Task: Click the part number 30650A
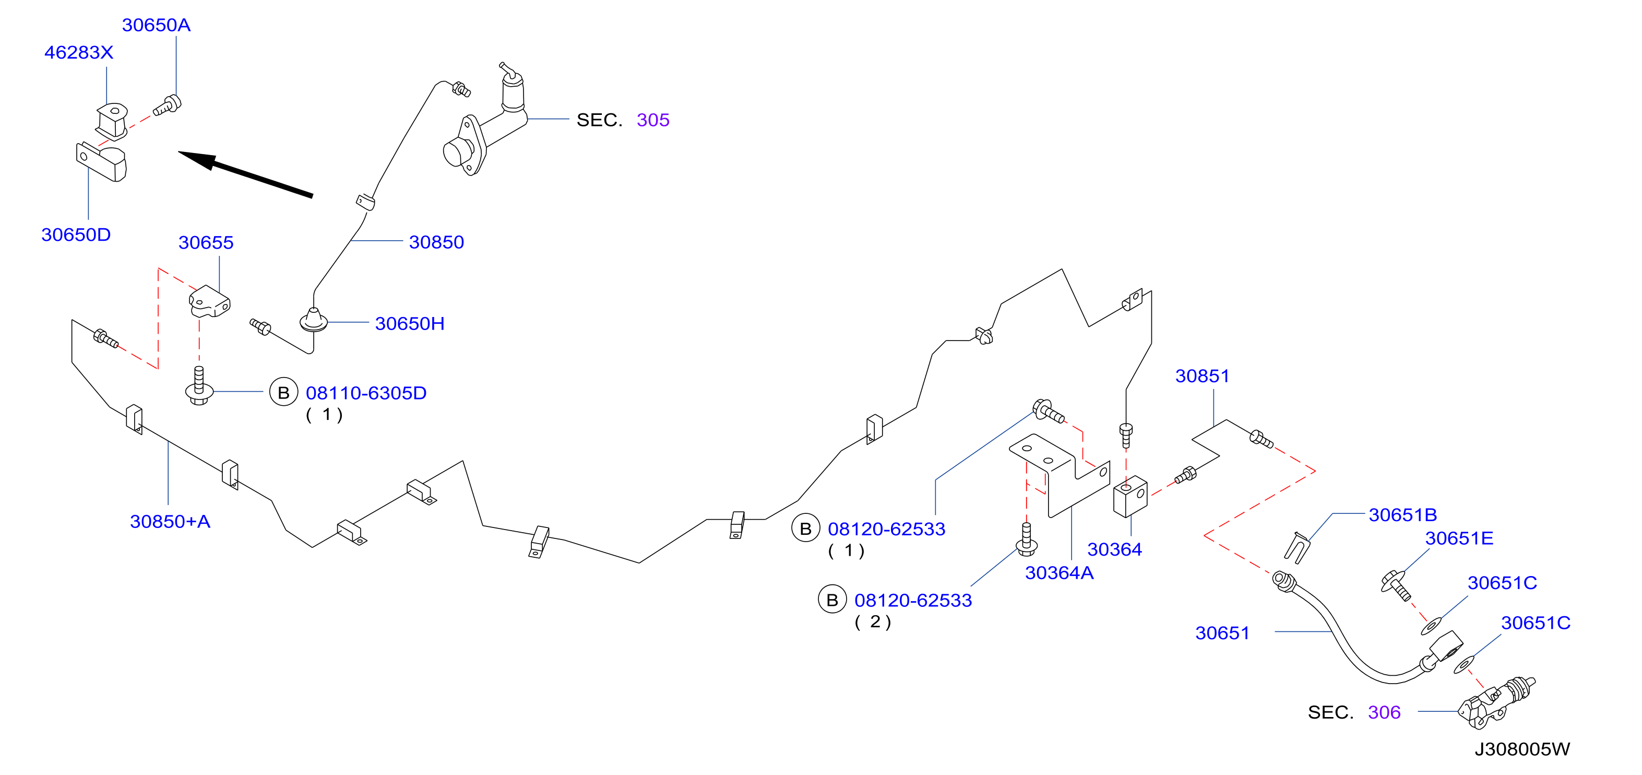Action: pyautogui.click(x=156, y=25)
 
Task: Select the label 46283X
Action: pyautogui.click(x=78, y=52)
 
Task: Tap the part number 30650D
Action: pyautogui.click(x=76, y=234)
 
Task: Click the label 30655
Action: pyautogui.click(x=206, y=242)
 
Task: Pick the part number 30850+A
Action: pyautogui.click(x=170, y=522)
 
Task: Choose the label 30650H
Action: pyautogui.click(x=410, y=323)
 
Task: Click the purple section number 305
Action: pyautogui.click(x=653, y=120)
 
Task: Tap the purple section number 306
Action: pyautogui.click(x=1385, y=712)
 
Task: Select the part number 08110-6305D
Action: pyautogui.click(x=366, y=393)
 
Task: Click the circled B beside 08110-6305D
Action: pyautogui.click(x=283, y=392)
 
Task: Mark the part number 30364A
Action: pyautogui.click(x=1060, y=573)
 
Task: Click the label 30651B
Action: pyautogui.click(x=1403, y=515)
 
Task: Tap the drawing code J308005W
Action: pyautogui.click(x=1522, y=749)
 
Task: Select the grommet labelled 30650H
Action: pyautogui.click(x=314, y=320)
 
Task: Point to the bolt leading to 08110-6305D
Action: pyautogui.click(x=199, y=385)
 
